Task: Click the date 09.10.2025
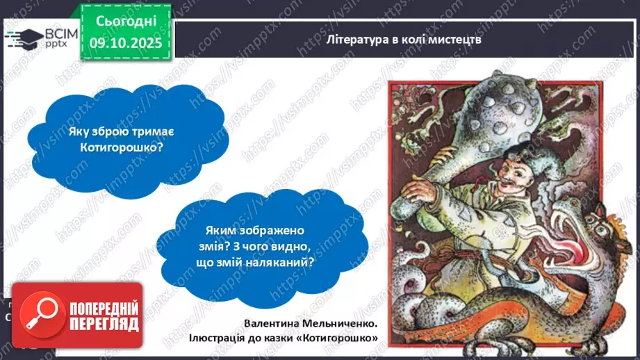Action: tap(126, 42)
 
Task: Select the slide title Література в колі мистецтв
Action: tap(404, 39)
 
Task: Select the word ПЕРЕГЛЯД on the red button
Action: tap(104, 325)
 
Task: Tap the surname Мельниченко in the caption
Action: tap(340, 324)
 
